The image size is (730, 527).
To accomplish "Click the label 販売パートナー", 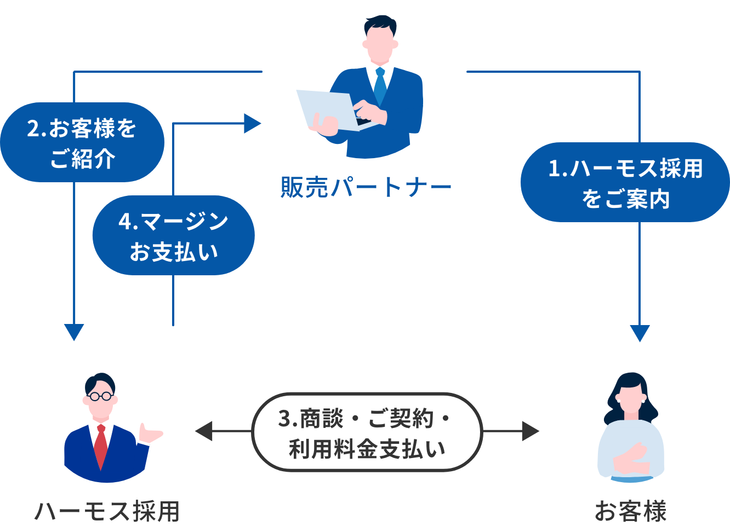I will [x=366, y=187].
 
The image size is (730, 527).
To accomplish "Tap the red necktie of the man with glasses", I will [x=100, y=446].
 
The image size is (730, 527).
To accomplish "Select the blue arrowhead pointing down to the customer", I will [x=640, y=333].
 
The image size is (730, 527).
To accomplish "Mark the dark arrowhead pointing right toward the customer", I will [x=530, y=431].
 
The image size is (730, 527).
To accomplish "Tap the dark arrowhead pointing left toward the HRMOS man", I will [x=204, y=431].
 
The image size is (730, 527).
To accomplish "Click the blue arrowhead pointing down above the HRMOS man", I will [x=74, y=332].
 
